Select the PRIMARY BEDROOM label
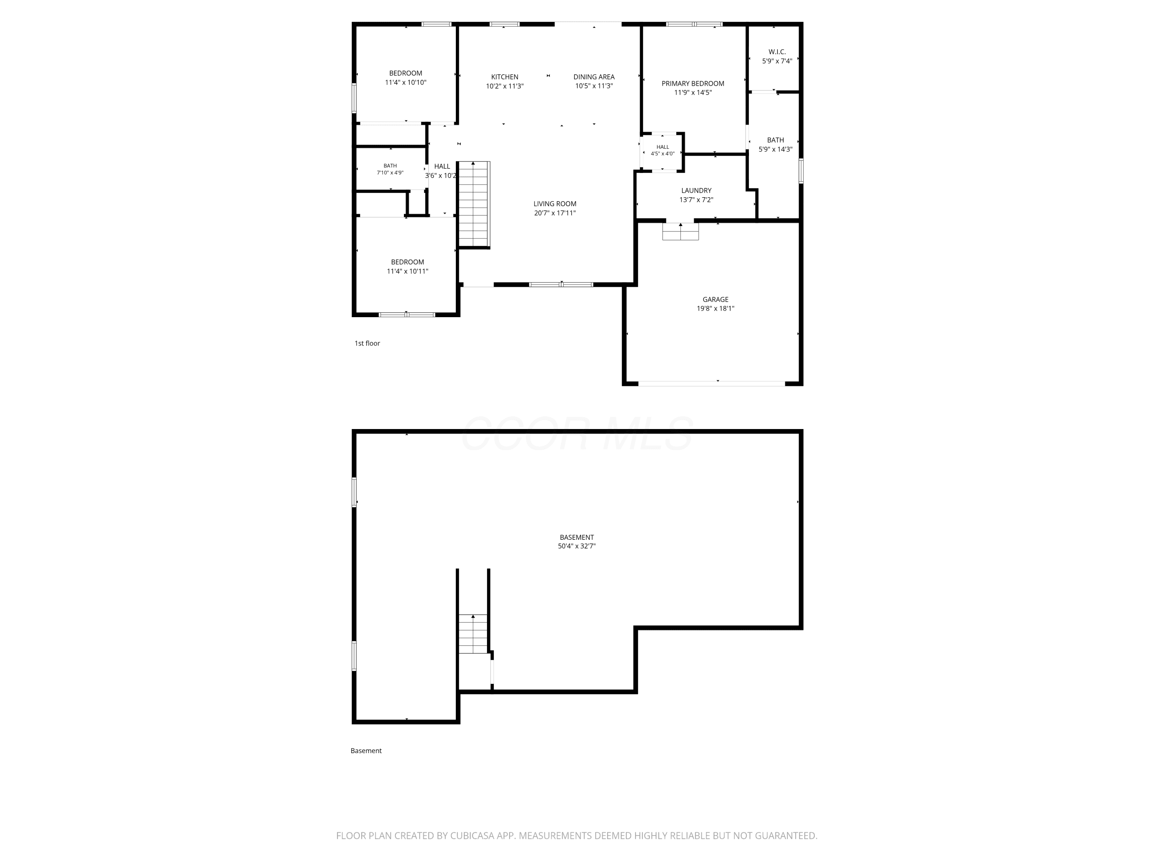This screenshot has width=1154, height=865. click(693, 83)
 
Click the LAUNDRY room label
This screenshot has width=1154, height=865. click(696, 191)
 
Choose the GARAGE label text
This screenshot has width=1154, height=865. click(715, 299)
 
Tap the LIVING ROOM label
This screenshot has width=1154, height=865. click(555, 204)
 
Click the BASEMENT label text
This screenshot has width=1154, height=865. click(577, 537)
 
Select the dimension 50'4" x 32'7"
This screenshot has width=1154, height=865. click(577, 546)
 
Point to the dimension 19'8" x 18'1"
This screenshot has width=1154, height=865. click(715, 308)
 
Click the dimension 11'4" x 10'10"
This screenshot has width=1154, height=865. click(405, 82)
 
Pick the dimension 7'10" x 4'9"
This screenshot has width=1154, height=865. click(390, 173)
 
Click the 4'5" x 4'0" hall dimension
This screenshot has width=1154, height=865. click(662, 154)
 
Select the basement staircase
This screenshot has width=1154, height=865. click(473, 634)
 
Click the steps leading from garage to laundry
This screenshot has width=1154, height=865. click(680, 231)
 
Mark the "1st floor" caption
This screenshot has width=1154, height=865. click(367, 343)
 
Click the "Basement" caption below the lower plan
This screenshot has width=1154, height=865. click(366, 751)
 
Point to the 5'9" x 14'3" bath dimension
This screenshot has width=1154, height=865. click(775, 149)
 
